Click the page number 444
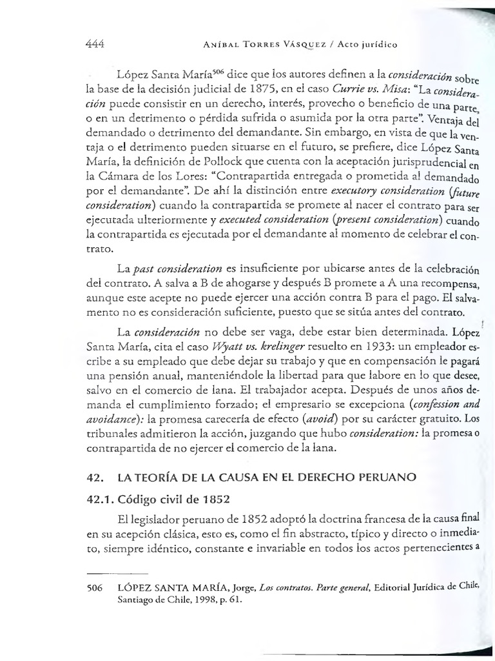click(94, 45)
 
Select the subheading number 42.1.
click(101, 502)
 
